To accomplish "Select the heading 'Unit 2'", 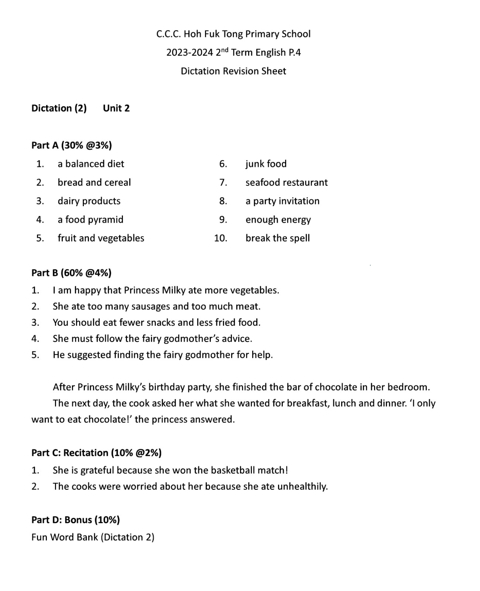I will coord(116,108).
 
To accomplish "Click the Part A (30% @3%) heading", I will coord(72,145).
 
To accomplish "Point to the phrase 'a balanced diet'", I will coord(91,164).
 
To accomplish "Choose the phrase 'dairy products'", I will coord(89,201).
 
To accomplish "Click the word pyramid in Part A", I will coord(106,220).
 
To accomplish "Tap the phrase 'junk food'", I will coord(266,164).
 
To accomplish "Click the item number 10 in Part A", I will coord(220,238).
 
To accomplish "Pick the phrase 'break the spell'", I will coord(278,238).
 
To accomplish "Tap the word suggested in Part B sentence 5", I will coord(89,355).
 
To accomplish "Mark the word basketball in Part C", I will coord(233,470).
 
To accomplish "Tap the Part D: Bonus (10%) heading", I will coord(76,520).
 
